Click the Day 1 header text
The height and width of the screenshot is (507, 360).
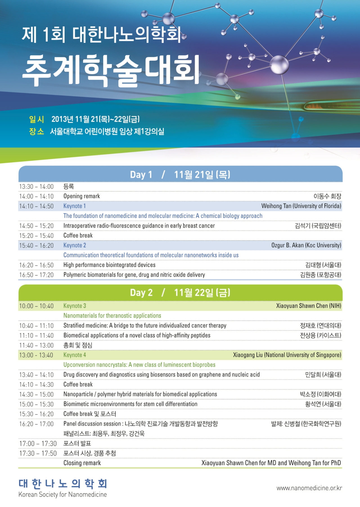(x=180, y=175)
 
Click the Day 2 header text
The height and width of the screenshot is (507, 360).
(x=180, y=293)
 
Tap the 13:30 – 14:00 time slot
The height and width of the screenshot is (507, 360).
(x=36, y=187)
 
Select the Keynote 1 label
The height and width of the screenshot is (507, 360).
(x=75, y=206)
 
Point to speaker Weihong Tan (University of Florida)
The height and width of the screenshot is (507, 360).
(x=301, y=206)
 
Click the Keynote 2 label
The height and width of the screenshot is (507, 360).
(x=75, y=245)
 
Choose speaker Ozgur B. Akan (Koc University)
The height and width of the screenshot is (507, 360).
(x=306, y=245)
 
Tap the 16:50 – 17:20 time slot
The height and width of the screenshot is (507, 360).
(x=36, y=275)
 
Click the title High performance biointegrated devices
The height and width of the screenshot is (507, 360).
(x=109, y=265)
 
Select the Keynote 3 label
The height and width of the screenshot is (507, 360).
(x=75, y=306)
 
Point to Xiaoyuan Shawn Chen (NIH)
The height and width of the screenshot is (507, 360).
(x=309, y=306)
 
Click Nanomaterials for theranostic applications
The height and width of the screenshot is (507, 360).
(x=112, y=316)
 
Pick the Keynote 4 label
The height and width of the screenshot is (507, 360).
(x=75, y=355)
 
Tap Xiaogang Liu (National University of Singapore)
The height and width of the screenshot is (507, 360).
(x=287, y=355)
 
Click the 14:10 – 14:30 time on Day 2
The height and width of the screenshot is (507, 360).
(x=36, y=384)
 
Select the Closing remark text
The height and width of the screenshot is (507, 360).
(x=82, y=463)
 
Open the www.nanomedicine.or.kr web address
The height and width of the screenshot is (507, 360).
(x=309, y=488)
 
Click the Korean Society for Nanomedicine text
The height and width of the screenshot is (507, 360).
(x=63, y=495)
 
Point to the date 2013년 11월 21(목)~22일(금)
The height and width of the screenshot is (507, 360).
(x=95, y=119)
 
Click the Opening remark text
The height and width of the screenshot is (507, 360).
(x=82, y=196)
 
